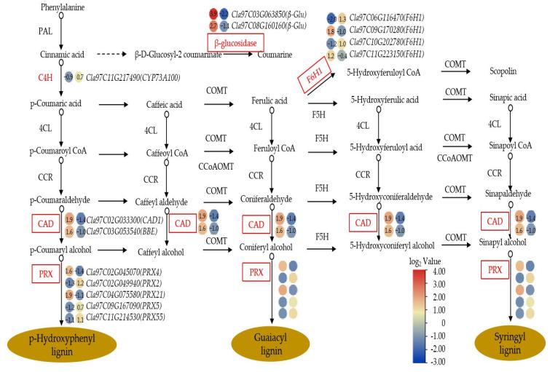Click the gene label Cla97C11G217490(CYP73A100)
pyautogui.click(x=133, y=76)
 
